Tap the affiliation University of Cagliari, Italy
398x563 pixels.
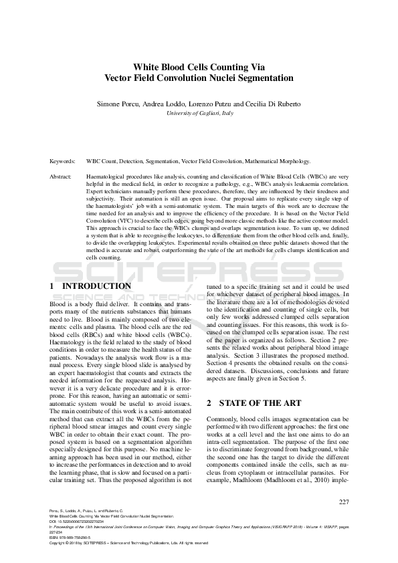(x=199, y=114)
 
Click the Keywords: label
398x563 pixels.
(x=63, y=161)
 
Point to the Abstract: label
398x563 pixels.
(x=62, y=177)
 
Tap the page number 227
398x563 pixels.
(x=344, y=502)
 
